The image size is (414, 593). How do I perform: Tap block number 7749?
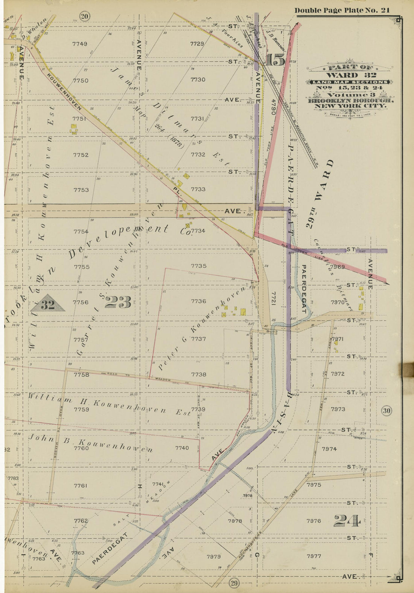click(x=80, y=44)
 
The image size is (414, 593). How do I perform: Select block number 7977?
click(x=314, y=556)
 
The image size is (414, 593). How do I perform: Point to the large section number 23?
click(x=118, y=302)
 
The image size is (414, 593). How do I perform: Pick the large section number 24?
click(x=347, y=521)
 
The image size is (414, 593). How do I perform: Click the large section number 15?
click(x=276, y=60)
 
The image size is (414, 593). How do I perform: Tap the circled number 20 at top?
click(x=85, y=16)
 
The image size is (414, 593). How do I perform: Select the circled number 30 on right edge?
click(x=387, y=411)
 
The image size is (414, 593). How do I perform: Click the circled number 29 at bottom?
click(x=234, y=583)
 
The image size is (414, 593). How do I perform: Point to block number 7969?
click(x=337, y=267)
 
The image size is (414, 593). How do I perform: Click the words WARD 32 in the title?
click(x=350, y=75)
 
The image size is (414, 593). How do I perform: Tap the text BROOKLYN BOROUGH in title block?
click(x=351, y=101)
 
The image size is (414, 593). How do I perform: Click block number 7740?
click(x=182, y=448)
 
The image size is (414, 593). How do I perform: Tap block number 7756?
click(x=81, y=302)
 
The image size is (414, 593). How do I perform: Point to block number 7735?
click(x=198, y=266)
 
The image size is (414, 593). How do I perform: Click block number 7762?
click(x=81, y=521)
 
